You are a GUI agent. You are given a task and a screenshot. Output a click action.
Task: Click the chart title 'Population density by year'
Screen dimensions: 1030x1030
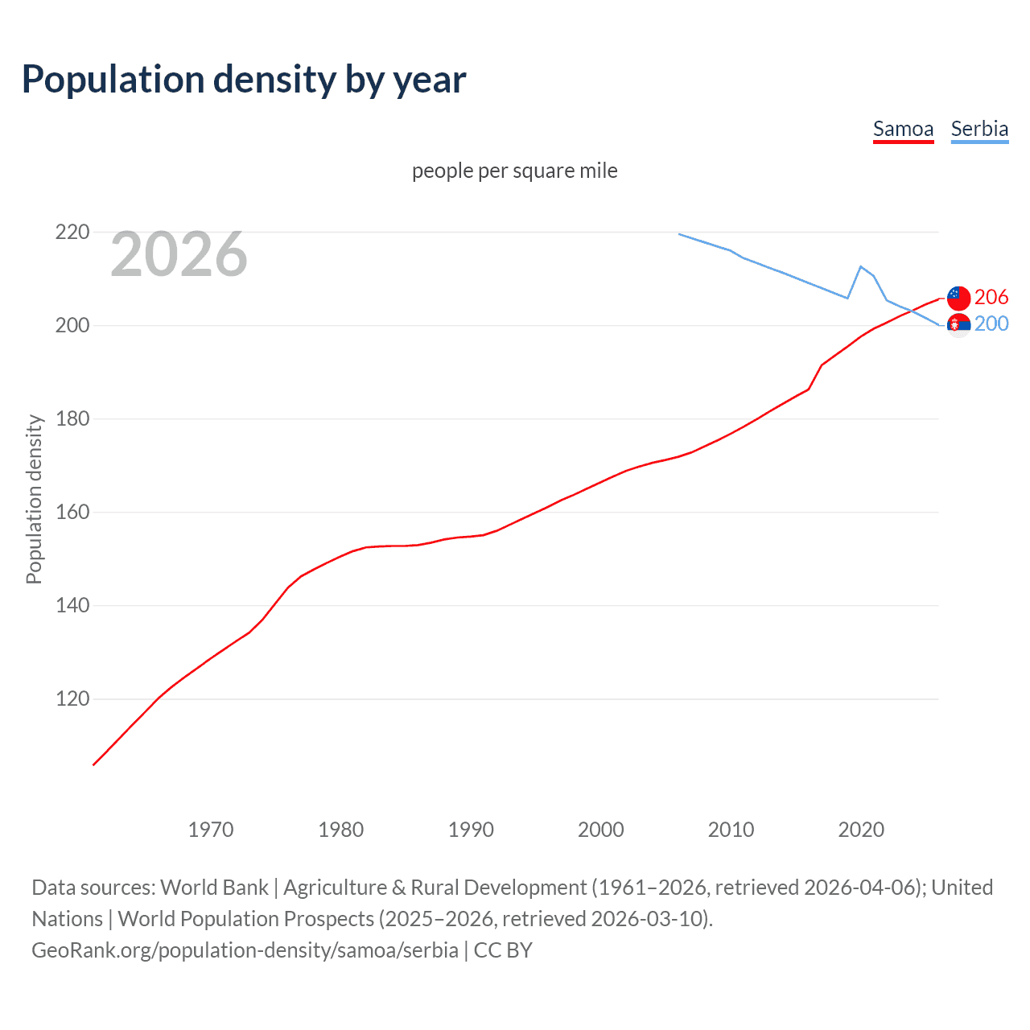(x=244, y=80)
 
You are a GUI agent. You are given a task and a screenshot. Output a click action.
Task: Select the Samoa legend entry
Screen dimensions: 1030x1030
(x=903, y=129)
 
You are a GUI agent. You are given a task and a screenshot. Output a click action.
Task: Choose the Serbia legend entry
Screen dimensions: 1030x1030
(x=979, y=129)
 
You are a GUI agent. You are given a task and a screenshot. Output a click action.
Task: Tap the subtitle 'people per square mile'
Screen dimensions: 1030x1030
(x=514, y=171)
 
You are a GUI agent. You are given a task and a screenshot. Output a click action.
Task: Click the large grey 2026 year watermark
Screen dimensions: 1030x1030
(x=179, y=254)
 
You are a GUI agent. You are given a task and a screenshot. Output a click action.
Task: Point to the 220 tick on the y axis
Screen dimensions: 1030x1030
(x=72, y=233)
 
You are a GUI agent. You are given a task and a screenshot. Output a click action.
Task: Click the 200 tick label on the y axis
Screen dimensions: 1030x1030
(x=72, y=326)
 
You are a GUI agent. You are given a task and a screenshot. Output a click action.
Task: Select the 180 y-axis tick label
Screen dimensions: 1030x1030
(x=72, y=419)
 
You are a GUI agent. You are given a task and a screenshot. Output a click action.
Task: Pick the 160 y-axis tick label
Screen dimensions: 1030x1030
(x=72, y=513)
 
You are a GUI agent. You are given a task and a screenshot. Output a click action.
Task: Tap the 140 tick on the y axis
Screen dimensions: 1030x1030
(x=72, y=606)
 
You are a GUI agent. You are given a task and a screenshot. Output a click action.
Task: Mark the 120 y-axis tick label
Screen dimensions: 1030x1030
(x=72, y=699)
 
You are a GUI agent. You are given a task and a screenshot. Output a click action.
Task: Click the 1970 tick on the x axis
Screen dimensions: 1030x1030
(x=210, y=830)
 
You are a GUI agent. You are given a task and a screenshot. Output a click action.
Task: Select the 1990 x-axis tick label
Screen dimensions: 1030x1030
(x=471, y=830)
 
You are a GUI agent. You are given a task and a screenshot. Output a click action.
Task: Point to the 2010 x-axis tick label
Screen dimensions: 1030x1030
(x=731, y=830)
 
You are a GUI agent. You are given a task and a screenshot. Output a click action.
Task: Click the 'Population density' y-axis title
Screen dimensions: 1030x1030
(x=34, y=499)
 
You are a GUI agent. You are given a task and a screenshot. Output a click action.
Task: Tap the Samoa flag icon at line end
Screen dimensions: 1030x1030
(x=958, y=298)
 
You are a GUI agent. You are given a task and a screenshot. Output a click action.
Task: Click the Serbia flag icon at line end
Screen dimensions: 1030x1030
(x=958, y=324)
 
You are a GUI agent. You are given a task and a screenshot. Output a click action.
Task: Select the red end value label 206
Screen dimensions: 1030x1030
(x=991, y=298)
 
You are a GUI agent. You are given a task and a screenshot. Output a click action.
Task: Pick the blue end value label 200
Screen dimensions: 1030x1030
(x=991, y=324)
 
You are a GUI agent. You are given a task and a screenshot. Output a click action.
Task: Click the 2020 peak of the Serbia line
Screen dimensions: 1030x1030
(x=861, y=266)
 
